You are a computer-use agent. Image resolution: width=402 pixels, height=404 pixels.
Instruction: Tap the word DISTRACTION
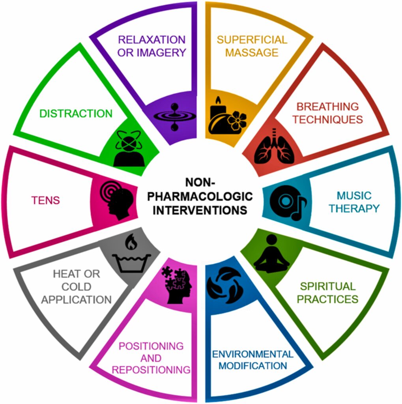coord(76,114)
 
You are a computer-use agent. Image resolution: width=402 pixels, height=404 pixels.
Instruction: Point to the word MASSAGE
coord(252,52)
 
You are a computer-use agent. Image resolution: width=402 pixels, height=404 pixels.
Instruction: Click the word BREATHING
coord(327,107)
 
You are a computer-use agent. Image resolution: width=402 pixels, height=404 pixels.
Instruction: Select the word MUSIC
coord(353,195)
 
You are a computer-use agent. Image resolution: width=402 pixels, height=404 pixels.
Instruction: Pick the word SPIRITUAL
coord(327,286)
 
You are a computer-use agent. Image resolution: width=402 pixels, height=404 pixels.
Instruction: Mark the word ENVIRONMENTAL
coord(252,353)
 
